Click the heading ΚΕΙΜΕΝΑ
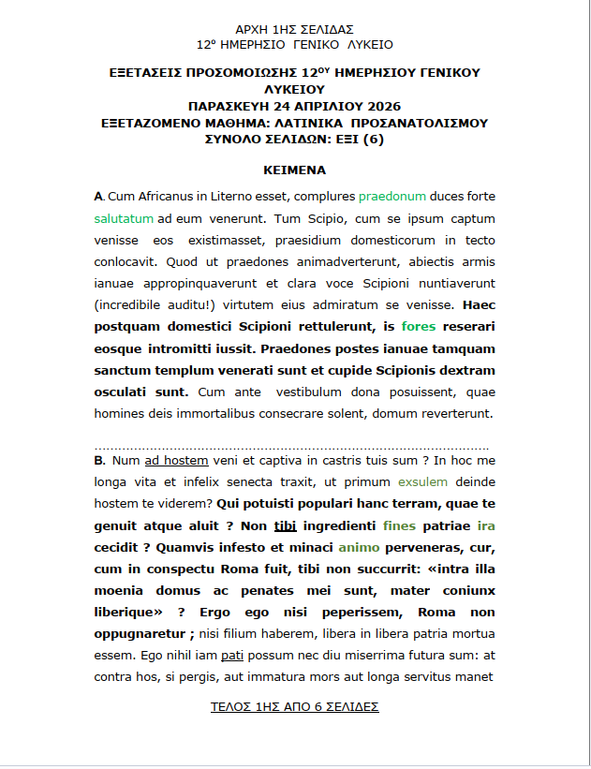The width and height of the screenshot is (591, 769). point(294,170)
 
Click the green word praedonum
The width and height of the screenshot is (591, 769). point(392,197)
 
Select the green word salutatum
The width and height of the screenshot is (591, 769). point(124,218)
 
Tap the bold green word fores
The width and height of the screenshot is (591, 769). point(418,327)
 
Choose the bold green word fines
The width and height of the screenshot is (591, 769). point(399,525)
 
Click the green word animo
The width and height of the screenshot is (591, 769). point(359,547)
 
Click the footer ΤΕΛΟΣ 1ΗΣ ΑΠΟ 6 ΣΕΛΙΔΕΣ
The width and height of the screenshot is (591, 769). point(295,706)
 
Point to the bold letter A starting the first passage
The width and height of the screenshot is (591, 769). point(98,197)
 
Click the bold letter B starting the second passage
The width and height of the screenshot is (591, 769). point(98,461)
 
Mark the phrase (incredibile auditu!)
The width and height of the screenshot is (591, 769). point(155,304)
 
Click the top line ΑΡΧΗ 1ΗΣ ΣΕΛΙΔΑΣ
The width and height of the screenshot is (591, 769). point(294,30)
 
